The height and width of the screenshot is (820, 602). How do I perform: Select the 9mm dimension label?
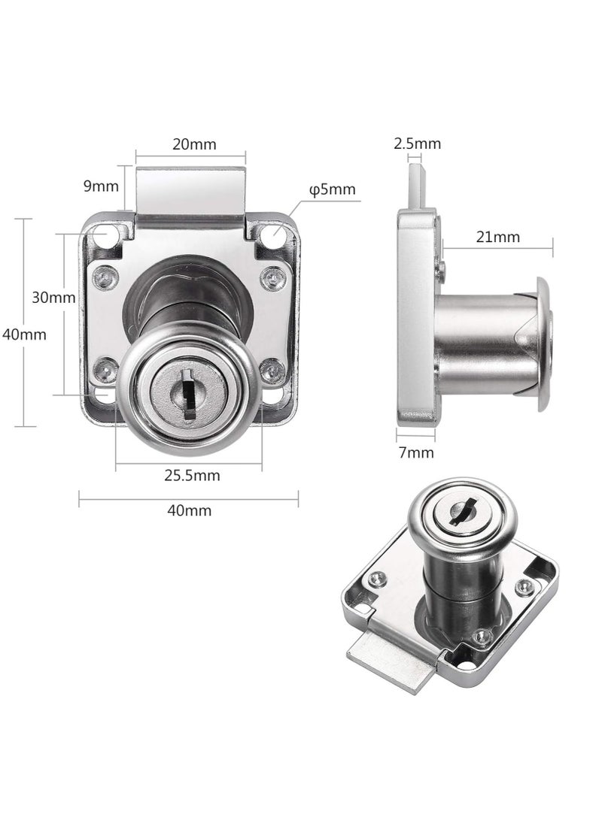coord(100,185)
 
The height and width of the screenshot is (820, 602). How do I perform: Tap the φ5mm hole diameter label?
coord(331,189)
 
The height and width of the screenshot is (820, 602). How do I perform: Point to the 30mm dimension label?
coord(53,297)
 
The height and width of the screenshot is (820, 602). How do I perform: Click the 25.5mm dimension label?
coord(192,475)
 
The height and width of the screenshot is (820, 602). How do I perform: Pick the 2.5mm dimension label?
coord(418,144)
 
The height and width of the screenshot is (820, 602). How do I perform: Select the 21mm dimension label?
coord(498,237)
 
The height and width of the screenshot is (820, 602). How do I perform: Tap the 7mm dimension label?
coord(415,452)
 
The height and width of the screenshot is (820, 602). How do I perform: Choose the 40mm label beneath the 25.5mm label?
coord(189,510)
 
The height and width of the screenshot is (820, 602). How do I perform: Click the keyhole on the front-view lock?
coord(188,391)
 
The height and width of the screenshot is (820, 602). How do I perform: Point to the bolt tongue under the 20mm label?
coord(190,188)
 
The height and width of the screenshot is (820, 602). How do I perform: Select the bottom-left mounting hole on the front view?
coord(102,395)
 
